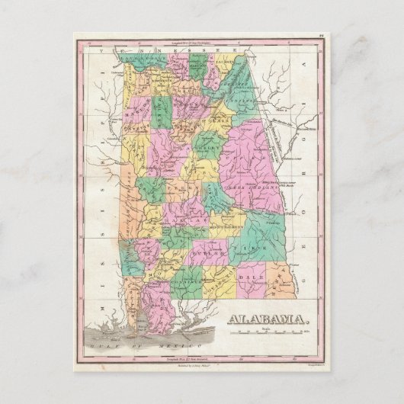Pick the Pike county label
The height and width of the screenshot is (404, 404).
251,248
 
